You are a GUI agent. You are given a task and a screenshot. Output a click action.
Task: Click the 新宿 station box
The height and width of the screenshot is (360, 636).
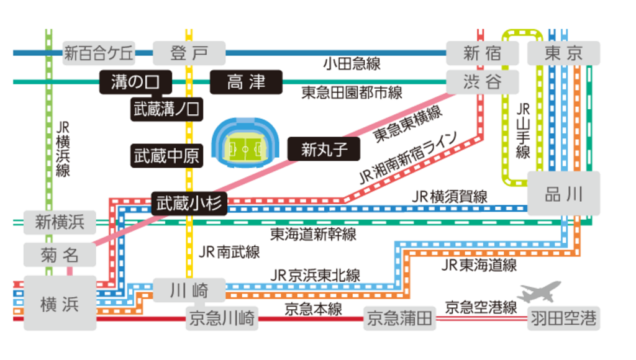tap(482, 53)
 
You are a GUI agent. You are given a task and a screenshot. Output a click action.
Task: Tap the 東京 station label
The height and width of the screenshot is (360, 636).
tap(564, 53)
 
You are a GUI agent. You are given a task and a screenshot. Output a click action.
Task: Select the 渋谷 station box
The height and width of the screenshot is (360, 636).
tap(482, 81)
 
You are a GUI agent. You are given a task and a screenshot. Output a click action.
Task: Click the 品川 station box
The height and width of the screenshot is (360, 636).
tap(564, 194)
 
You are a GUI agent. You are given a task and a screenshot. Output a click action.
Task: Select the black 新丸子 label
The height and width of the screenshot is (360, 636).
tap(323, 149)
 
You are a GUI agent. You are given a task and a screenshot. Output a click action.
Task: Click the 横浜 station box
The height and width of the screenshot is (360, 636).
tap(60, 304)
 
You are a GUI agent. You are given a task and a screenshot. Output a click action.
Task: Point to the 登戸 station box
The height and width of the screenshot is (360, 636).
tap(189, 53)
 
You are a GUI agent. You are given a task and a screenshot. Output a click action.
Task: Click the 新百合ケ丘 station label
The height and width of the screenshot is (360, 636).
tap(99, 53)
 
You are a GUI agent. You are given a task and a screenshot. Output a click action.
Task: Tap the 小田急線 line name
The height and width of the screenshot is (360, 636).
tap(352, 63)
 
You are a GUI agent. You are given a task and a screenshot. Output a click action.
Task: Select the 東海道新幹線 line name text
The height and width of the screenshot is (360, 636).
tap(313, 234)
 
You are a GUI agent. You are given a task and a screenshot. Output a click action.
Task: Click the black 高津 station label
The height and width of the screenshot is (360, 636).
tap(246, 82)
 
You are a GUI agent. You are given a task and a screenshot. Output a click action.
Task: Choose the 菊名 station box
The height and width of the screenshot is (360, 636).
tap(60, 254)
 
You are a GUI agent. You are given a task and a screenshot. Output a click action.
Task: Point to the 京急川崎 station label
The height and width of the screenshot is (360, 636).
tap(221, 319)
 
